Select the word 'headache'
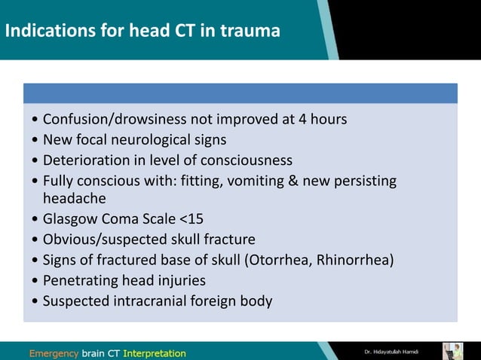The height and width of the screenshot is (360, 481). (x=75, y=198)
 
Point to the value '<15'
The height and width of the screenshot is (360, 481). (x=191, y=219)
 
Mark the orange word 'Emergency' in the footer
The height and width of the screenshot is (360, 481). (x=54, y=352)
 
